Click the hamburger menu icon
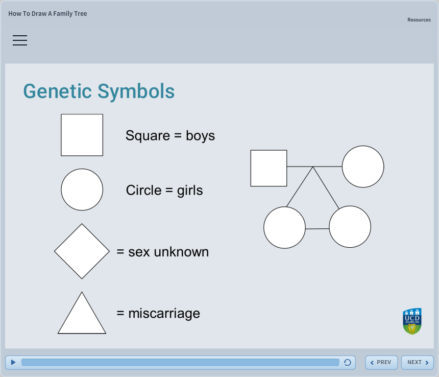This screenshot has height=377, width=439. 20,40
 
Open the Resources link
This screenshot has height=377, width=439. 419,20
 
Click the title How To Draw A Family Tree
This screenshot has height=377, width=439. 47,14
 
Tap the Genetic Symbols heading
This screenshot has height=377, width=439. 99,91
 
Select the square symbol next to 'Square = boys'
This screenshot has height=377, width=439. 82,135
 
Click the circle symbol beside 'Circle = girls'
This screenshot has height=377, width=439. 82,190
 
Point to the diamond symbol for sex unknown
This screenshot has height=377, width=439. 82,251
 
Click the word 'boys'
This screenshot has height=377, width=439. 200,136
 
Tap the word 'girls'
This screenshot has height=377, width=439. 190,191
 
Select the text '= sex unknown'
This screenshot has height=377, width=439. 162,252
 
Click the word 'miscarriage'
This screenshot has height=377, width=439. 164,313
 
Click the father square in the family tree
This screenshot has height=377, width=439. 269,168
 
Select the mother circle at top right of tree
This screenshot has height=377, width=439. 362,167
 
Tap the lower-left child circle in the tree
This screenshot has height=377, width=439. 284,227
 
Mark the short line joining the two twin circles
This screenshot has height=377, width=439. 317,229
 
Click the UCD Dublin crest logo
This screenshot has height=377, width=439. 412,321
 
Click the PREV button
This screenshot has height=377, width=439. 381,362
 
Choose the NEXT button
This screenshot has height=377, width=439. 417,362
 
